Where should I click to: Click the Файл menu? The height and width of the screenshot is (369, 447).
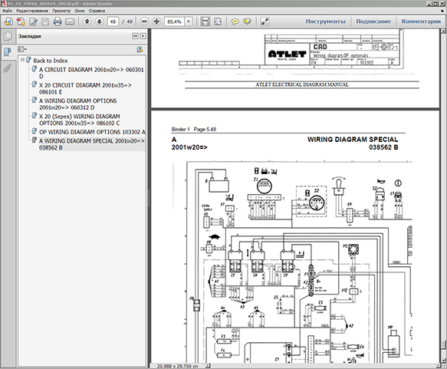coord(8,12)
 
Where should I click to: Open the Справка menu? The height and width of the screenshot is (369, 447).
coord(97,12)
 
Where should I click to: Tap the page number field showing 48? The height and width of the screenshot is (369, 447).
coord(113,22)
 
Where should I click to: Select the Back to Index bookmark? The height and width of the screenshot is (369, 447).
coord(50,60)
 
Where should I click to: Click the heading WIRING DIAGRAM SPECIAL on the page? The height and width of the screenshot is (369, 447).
coord(353,140)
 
